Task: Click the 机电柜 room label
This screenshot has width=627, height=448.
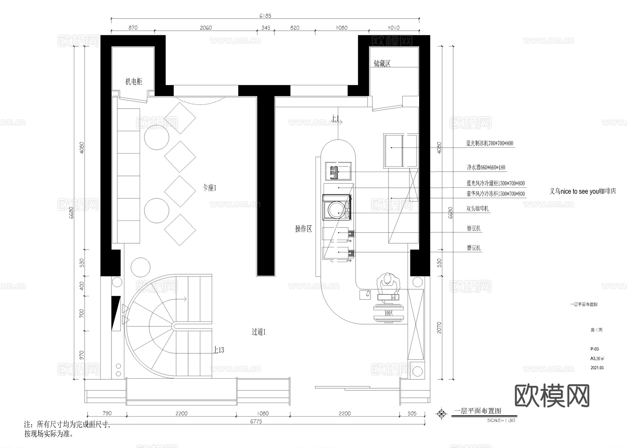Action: (134, 82)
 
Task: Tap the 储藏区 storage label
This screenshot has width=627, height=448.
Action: (382, 64)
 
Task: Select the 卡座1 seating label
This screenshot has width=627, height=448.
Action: (210, 188)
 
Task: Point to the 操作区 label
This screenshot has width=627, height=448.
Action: (303, 229)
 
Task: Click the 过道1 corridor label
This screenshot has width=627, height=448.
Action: (258, 332)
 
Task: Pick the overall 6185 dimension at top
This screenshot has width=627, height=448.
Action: (265, 16)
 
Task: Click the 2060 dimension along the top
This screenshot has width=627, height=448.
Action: (206, 28)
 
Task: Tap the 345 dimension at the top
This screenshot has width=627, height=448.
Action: (265, 28)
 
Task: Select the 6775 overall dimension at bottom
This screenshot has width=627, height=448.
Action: (256, 421)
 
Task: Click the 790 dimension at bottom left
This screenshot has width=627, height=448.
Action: (107, 413)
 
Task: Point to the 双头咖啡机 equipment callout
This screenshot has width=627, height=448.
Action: (477, 209)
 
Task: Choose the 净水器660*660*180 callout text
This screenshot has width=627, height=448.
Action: (486, 167)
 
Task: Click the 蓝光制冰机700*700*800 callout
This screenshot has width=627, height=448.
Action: (489, 143)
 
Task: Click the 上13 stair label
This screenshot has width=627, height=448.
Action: (219, 350)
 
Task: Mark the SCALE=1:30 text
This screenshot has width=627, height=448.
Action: (501, 420)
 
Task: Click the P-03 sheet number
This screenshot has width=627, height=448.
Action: (595, 349)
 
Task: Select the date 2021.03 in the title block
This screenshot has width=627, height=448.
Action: (597, 368)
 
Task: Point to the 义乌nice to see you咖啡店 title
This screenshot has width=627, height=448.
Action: (582, 192)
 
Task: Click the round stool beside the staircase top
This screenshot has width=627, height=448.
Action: (141, 267)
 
